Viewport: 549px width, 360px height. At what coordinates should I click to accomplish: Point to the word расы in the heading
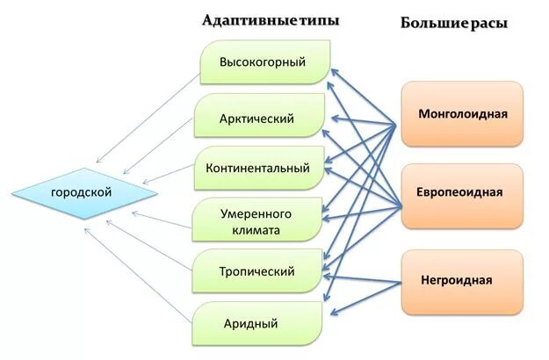tap(488, 24)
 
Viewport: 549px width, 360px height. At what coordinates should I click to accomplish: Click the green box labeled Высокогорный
tap(263, 63)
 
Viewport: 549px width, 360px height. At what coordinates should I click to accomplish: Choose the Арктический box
tap(257, 119)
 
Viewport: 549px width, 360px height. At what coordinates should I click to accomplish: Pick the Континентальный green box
tap(258, 168)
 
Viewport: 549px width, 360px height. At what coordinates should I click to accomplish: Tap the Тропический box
tap(256, 271)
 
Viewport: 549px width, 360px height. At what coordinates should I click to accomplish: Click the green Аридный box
tap(250, 324)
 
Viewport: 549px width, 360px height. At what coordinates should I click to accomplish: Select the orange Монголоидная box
tap(463, 114)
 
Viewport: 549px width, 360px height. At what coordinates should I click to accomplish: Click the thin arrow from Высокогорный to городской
tap(148, 119)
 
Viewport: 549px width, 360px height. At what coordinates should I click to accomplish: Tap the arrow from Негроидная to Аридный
tap(374, 296)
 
